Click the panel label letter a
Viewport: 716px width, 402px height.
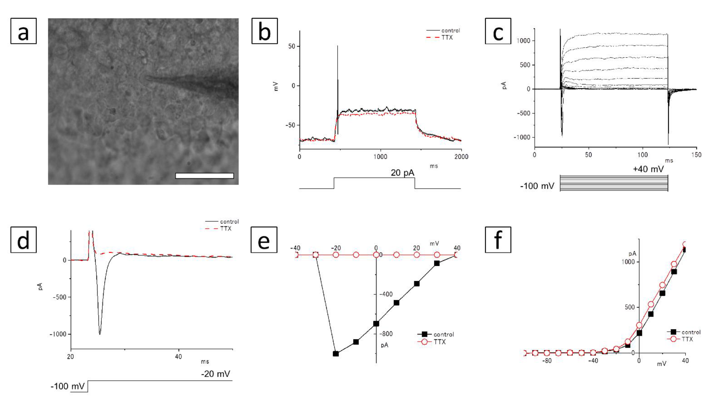click(23, 31)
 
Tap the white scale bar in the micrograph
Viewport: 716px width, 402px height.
click(204, 176)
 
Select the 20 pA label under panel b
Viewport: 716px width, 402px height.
click(402, 173)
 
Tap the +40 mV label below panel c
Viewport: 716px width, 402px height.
click(648, 169)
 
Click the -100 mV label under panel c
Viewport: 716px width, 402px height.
click(537, 186)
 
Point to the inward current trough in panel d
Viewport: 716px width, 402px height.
click(100, 334)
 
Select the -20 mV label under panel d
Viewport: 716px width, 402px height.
click(215, 374)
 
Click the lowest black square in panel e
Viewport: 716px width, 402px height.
click(336, 354)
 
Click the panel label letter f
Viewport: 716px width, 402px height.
click(498, 240)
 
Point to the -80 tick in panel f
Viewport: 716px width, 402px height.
click(547, 361)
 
